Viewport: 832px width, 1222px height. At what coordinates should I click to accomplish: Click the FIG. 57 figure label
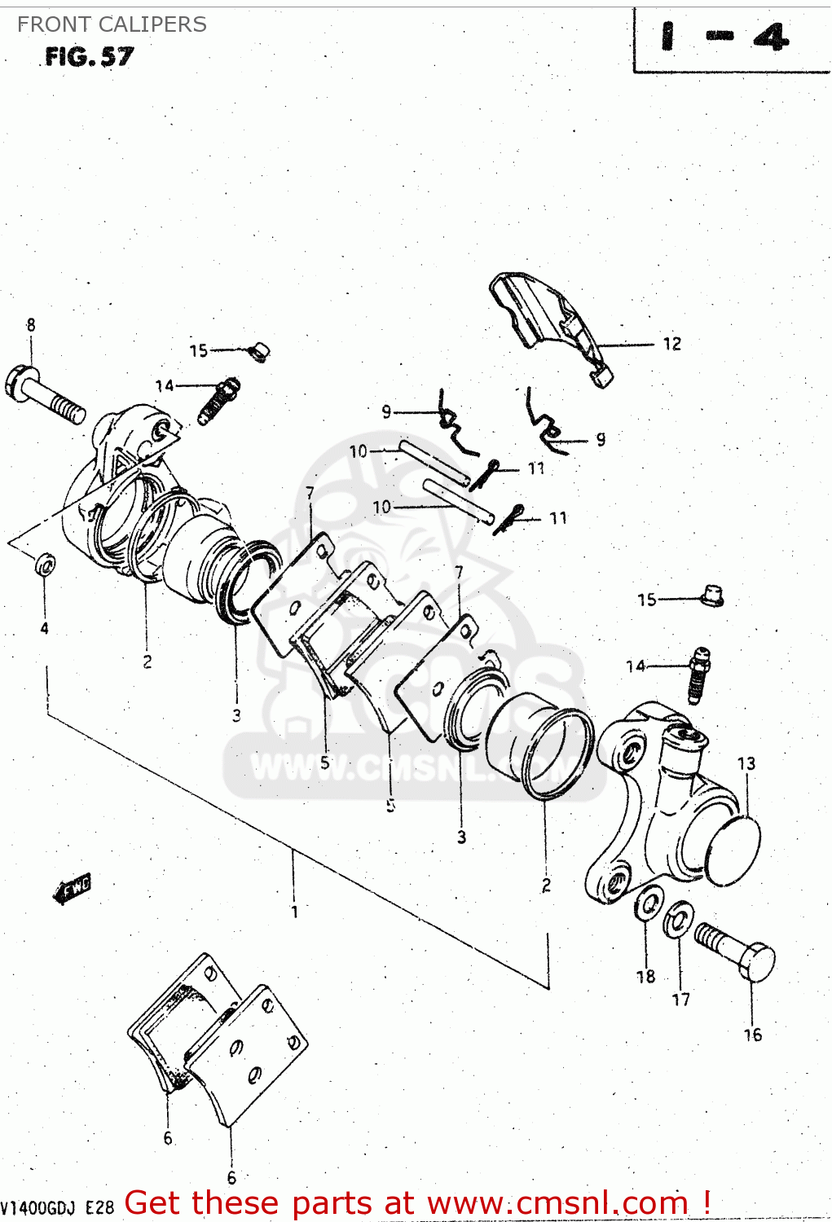click(x=89, y=56)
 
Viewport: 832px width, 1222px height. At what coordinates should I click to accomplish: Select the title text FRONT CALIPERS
click(x=112, y=24)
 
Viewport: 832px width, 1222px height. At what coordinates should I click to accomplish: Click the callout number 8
click(x=31, y=325)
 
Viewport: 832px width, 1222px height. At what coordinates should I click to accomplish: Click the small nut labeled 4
click(x=46, y=565)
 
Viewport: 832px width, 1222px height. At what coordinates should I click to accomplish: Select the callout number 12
click(x=671, y=344)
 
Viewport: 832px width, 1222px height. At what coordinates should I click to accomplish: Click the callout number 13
click(x=746, y=763)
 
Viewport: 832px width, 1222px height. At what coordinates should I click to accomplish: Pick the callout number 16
click(x=752, y=1035)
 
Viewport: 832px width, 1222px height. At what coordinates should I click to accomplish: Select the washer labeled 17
click(x=678, y=920)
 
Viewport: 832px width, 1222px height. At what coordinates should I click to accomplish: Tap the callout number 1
click(x=294, y=912)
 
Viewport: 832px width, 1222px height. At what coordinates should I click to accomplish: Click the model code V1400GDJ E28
click(x=57, y=1207)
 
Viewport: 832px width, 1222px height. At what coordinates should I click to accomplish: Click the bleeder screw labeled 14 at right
click(x=698, y=674)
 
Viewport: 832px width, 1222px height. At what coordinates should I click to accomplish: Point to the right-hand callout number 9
click(x=601, y=439)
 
